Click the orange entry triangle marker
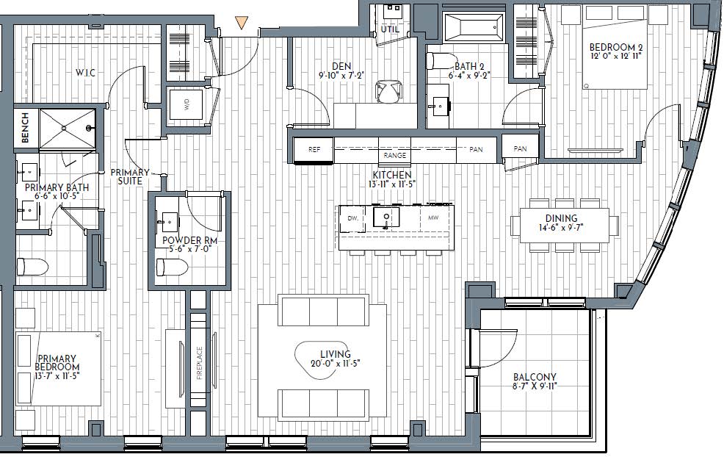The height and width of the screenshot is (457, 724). pos(242,23)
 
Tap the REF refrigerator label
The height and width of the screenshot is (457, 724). pos(314,149)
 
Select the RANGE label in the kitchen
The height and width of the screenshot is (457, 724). pos(395,155)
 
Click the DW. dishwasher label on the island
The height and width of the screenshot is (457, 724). pos(352,218)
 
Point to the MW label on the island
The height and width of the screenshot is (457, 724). pos(433,217)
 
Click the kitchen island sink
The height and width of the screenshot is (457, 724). pos(386,217)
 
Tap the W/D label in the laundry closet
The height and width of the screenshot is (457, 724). pos(187,106)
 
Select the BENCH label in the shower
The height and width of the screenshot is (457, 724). pos(25,128)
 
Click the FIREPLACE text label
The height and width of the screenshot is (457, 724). pos(200,363)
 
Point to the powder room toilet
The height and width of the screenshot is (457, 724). pos(173,267)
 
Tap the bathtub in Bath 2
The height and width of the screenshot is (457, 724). pos(474,26)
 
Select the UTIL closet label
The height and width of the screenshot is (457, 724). pos(390,29)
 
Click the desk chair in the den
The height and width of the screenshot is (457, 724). pos(388,91)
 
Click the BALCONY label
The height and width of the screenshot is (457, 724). pos(535,377)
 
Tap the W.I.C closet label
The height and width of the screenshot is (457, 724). pos(85,73)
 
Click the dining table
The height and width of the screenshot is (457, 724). pos(565,225)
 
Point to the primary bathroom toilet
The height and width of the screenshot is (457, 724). pos(32,267)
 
